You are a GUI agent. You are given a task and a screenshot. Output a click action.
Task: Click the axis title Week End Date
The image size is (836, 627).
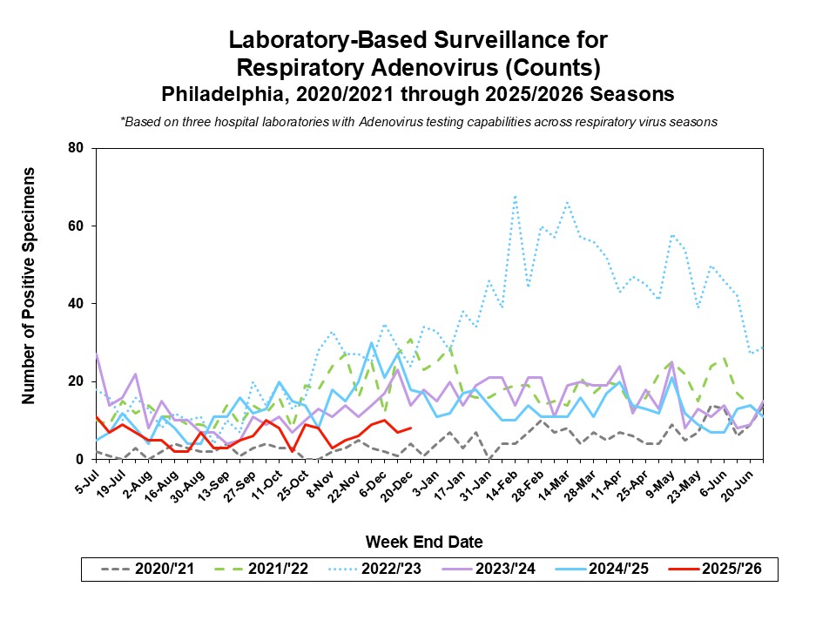coord(423,542)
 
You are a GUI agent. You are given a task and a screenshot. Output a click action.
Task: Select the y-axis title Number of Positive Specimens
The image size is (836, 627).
coord(29,286)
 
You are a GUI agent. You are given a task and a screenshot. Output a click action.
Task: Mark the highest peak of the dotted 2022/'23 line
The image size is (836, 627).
coord(516,197)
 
